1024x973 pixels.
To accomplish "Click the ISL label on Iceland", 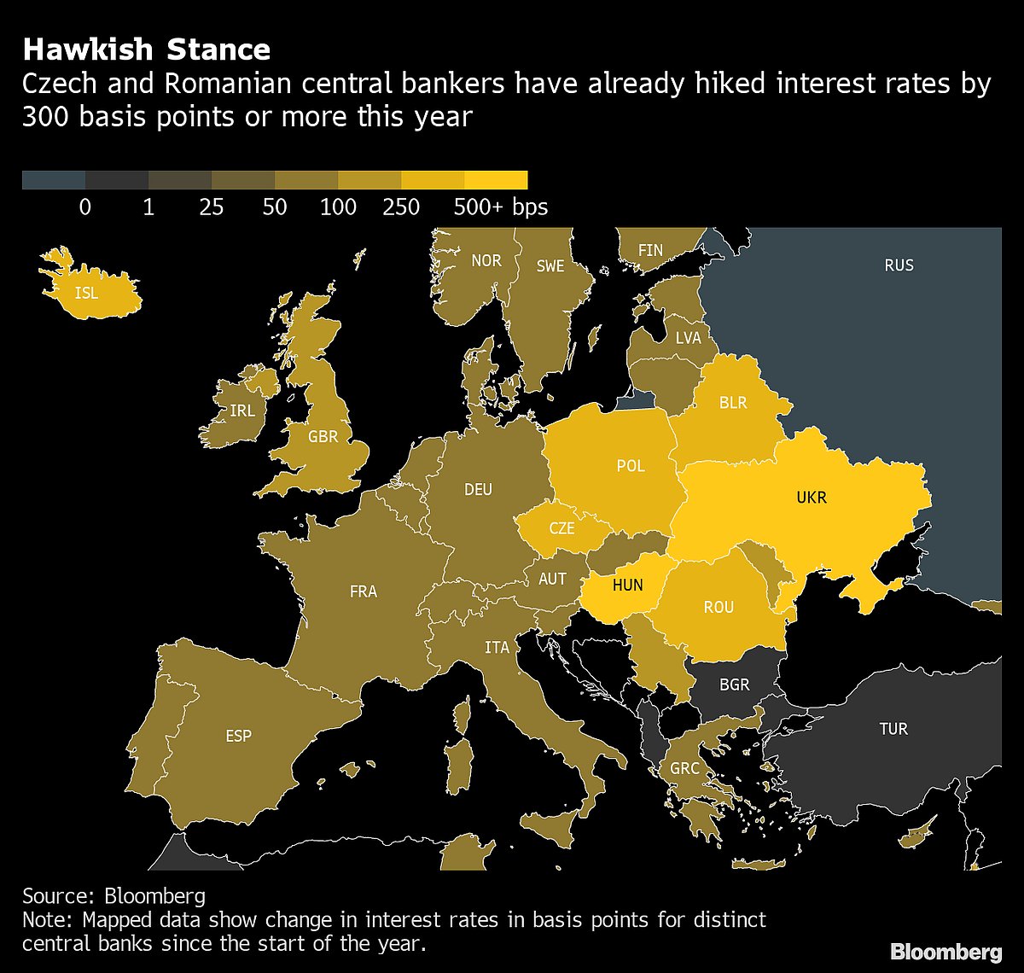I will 86,294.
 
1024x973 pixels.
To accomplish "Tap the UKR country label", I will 811,497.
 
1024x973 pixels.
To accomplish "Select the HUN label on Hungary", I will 627,586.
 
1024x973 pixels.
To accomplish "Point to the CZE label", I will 561,528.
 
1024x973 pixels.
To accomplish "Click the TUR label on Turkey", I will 893,729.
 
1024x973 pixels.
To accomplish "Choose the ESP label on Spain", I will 239,736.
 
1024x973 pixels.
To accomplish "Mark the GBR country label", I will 323,437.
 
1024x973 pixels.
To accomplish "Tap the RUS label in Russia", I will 899,265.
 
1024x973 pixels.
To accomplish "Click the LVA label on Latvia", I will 688,338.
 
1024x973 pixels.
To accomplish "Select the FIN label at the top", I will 650,251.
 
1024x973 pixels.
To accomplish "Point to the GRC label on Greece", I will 684,768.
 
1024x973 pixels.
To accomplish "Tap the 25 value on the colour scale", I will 212,207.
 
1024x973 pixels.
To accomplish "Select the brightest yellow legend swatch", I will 496,179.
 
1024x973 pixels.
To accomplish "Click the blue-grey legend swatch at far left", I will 54,179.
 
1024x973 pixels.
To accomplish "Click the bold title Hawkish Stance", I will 146,50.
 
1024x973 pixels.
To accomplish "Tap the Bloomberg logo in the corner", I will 945,952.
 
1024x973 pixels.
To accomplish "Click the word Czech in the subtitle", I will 58,85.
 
